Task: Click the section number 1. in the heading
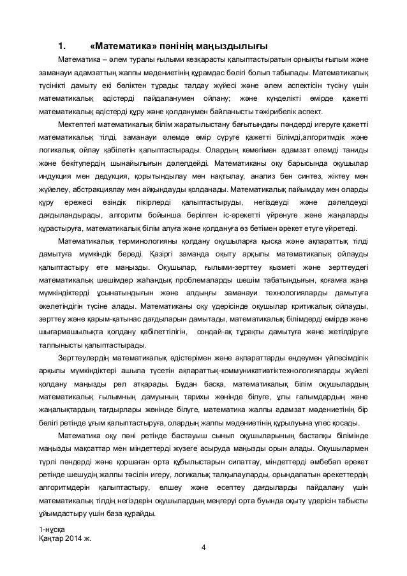click(62, 46)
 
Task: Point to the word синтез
click(307, 175)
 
